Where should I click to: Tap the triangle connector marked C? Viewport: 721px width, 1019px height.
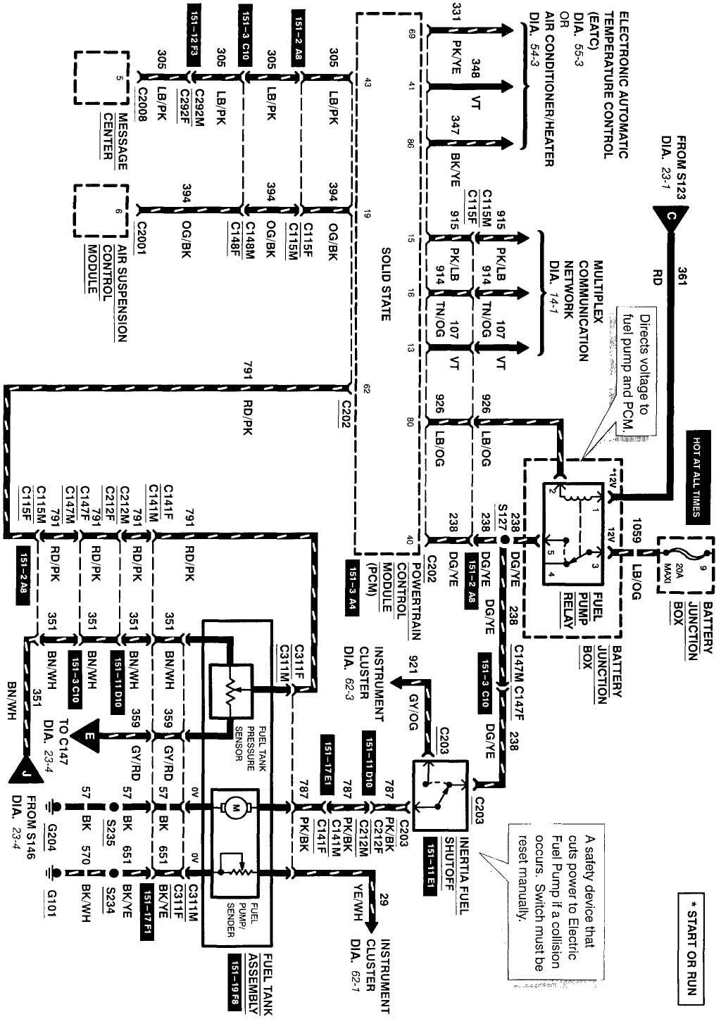coord(669,218)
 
